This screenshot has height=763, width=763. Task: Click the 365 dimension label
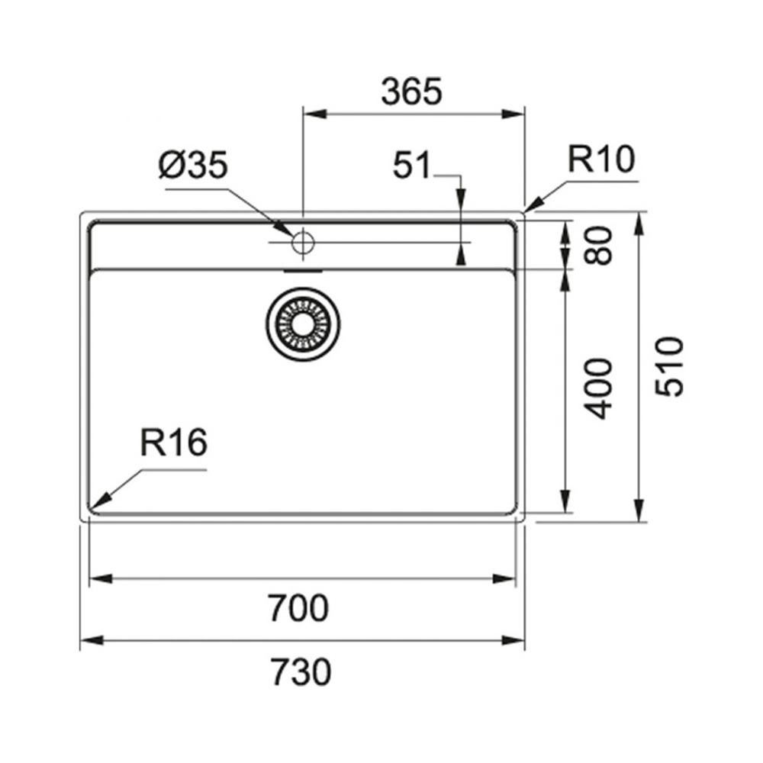(412, 92)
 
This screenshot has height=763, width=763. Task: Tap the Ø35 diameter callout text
(193, 165)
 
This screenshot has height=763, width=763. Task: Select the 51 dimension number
(412, 165)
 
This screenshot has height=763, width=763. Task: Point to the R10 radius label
(601, 159)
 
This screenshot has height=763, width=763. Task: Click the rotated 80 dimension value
(598, 245)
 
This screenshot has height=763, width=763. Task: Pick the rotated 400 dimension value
(598, 389)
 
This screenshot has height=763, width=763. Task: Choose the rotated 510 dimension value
(670, 366)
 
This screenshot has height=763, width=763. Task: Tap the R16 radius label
(174, 443)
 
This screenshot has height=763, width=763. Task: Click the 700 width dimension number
(299, 608)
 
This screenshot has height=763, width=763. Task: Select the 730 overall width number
(301, 671)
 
